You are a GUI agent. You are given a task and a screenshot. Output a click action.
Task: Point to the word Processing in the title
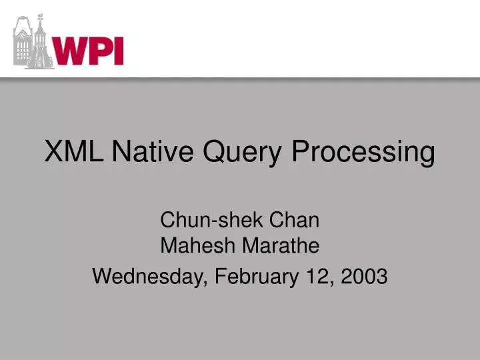pyautogui.click(x=363, y=153)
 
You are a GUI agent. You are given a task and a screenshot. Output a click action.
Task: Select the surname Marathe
pyautogui.click(x=281, y=246)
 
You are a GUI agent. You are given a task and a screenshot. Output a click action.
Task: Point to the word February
pyautogui.click(x=255, y=275)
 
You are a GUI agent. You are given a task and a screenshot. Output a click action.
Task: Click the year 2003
pyautogui.click(x=363, y=275)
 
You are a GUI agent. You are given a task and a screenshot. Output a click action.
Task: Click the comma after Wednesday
pyautogui.click(x=203, y=281)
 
